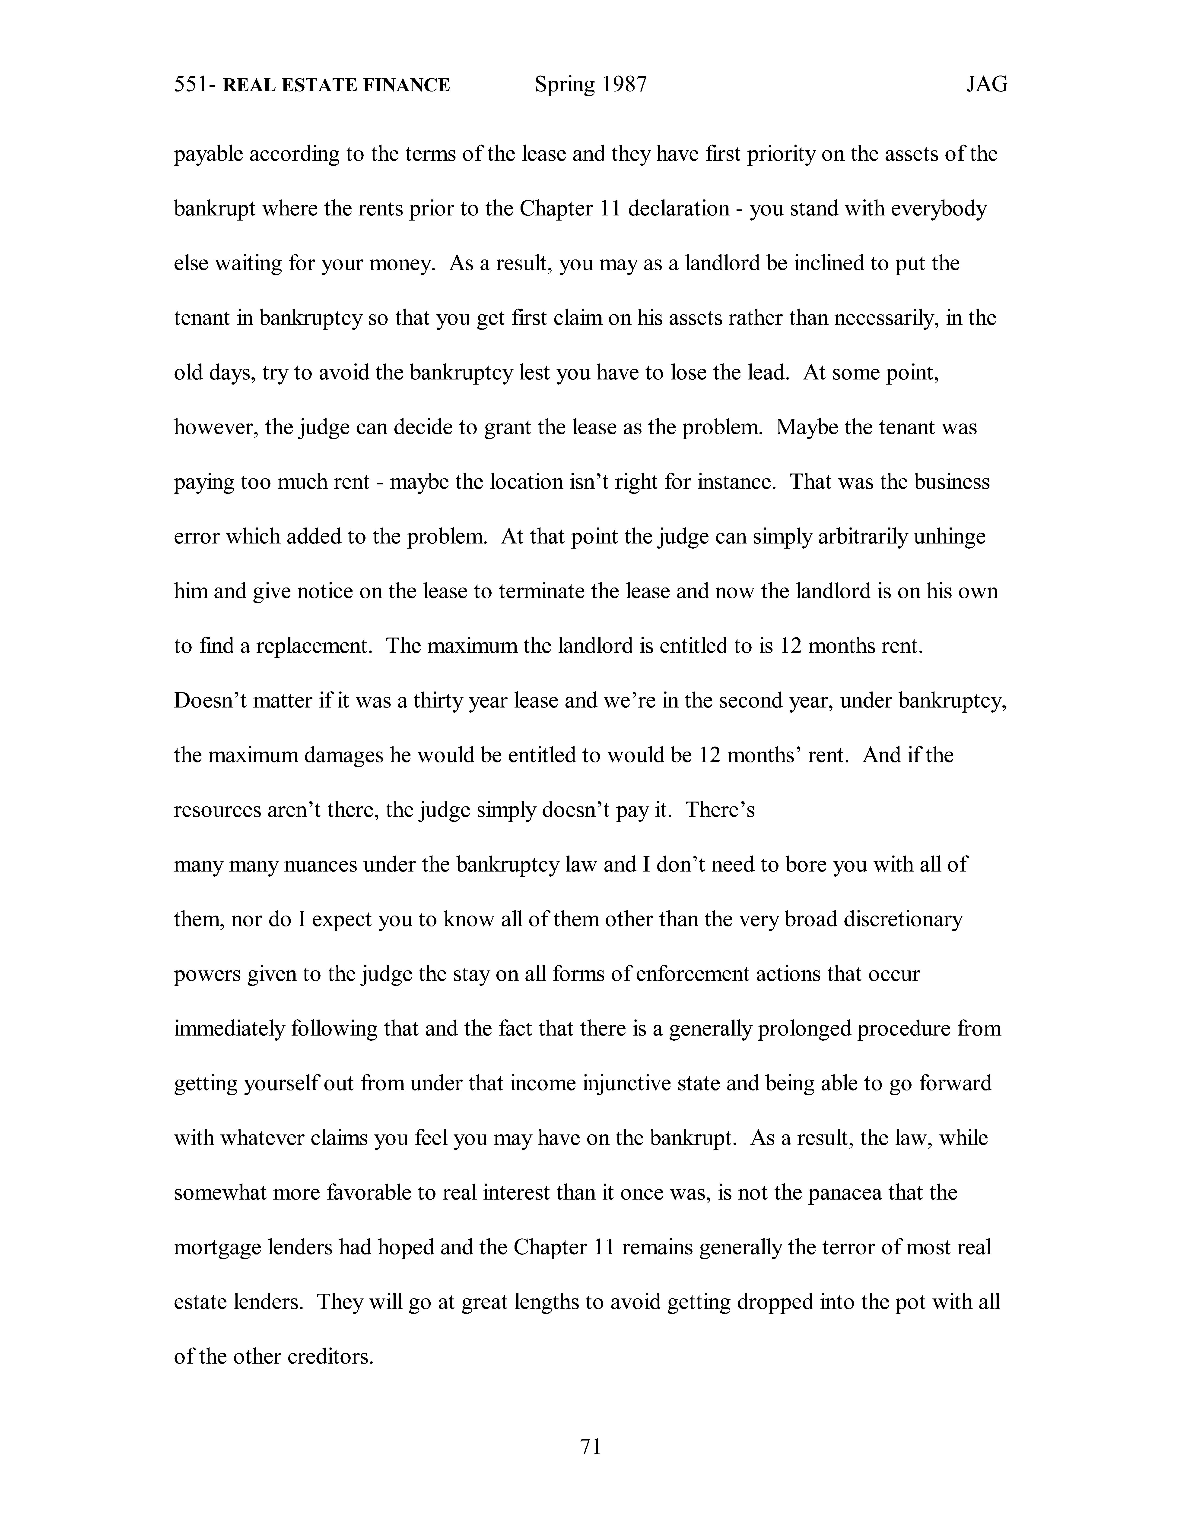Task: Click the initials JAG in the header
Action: point(987,85)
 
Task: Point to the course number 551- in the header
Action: point(195,85)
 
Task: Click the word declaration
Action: point(679,209)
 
